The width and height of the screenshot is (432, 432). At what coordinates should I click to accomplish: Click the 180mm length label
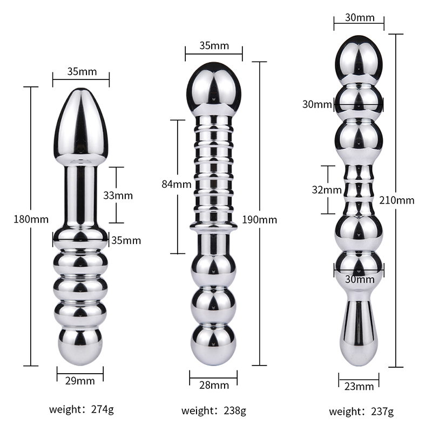(x=31, y=219)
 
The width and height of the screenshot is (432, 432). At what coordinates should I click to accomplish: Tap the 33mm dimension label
(x=118, y=195)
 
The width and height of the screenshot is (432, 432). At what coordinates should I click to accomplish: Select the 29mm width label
(x=80, y=381)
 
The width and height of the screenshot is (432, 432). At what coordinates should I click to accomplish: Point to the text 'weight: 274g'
(x=82, y=409)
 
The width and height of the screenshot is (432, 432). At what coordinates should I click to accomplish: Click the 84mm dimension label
(x=177, y=184)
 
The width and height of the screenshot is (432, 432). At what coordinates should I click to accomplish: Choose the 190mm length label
(x=260, y=220)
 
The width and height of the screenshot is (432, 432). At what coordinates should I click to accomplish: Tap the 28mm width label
(x=214, y=385)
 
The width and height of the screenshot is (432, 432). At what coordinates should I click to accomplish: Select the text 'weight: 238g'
(x=213, y=411)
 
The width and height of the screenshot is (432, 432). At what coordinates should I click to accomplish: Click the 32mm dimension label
(x=327, y=190)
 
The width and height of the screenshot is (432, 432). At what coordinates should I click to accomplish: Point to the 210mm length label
(x=397, y=200)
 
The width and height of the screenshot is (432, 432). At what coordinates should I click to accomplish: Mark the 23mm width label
(x=359, y=387)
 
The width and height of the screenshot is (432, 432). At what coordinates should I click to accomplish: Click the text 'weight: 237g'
(x=361, y=412)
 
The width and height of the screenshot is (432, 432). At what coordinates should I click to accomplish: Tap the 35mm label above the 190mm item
(x=214, y=45)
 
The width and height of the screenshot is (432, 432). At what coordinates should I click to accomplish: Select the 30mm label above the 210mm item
(x=360, y=18)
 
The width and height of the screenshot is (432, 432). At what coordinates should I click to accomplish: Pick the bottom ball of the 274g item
(x=80, y=347)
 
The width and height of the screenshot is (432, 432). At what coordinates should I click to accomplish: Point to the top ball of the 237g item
(x=359, y=59)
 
